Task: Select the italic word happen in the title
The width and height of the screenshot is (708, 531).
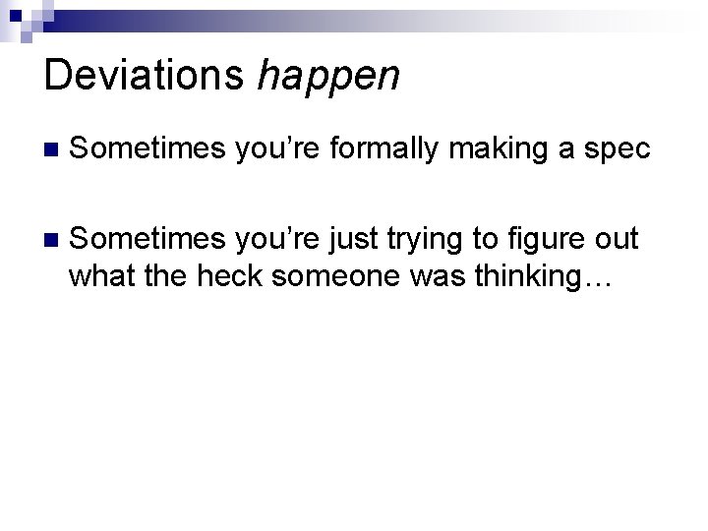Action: [328, 77]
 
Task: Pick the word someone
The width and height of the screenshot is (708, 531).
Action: [333, 277]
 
